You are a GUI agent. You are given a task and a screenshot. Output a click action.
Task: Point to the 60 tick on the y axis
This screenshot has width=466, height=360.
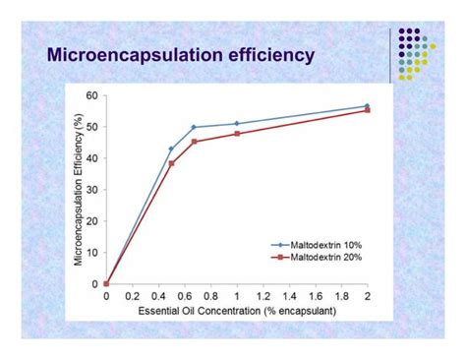[92, 95]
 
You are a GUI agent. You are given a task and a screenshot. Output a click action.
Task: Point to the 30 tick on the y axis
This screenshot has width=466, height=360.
[92, 190]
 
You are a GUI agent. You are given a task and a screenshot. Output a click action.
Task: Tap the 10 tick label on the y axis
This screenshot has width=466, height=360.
[92, 253]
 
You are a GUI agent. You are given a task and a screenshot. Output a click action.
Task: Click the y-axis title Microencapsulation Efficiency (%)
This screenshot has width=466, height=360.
[77, 189]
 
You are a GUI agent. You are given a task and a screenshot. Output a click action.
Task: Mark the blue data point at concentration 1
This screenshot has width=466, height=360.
[237, 124]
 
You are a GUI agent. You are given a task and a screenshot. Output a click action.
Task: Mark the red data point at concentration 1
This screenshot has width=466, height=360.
[237, 134]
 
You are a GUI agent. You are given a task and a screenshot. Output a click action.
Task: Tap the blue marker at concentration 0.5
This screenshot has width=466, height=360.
[171, 149]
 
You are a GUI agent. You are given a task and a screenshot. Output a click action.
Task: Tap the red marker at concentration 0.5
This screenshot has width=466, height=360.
[171, 163]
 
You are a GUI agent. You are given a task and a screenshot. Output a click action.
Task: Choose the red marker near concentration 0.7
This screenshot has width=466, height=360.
[194, 142]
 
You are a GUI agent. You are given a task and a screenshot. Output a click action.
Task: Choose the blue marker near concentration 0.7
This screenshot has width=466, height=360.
[194, 127]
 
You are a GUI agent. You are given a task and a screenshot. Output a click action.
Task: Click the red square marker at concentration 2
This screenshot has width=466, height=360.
[367, 110]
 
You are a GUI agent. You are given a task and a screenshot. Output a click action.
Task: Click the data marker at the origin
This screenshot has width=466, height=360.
[106, 283]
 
